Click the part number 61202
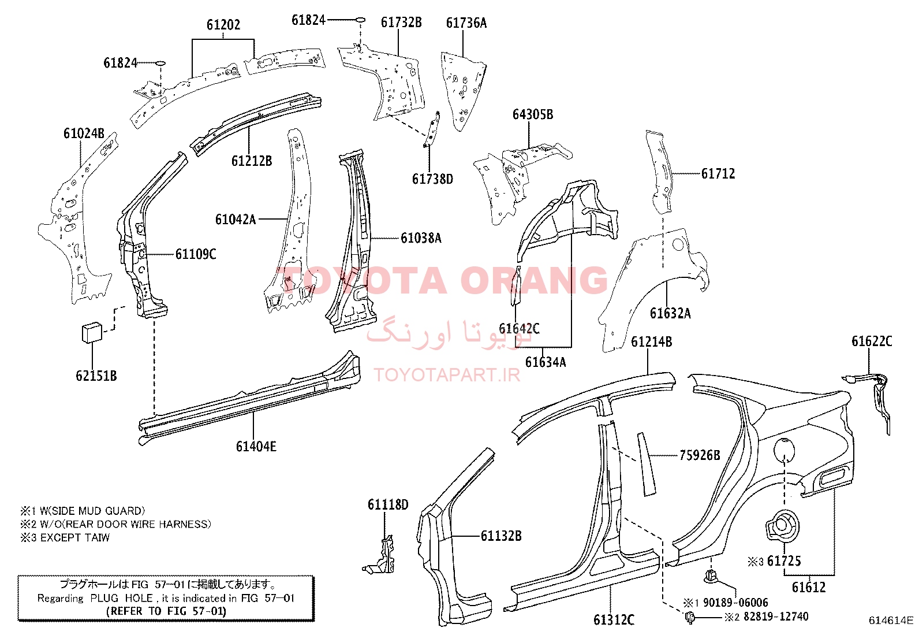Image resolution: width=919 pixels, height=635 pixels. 223,25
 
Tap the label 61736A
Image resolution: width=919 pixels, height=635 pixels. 466,23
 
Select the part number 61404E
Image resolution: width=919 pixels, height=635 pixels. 256,446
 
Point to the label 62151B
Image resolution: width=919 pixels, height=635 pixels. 96,376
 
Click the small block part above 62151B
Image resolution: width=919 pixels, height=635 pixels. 92,332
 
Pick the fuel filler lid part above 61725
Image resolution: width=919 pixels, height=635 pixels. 782,525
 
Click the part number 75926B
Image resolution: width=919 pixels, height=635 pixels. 700,455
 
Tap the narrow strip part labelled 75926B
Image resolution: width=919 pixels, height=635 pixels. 646,464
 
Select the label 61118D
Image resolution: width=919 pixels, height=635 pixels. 388,504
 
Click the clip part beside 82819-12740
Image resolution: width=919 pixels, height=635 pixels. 690,617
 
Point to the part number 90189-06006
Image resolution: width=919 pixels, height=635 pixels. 735,603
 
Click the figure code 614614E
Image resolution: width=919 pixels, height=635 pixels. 891,620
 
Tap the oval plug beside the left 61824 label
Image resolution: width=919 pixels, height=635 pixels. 160,63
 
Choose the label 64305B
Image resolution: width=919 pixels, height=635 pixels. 533,114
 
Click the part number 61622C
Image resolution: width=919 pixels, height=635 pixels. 872,341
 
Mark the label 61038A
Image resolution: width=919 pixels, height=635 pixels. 421,237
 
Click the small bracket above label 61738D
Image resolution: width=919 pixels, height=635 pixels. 432,129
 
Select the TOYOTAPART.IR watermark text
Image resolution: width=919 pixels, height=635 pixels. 447,375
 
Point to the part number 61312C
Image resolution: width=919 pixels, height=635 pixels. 614,619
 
